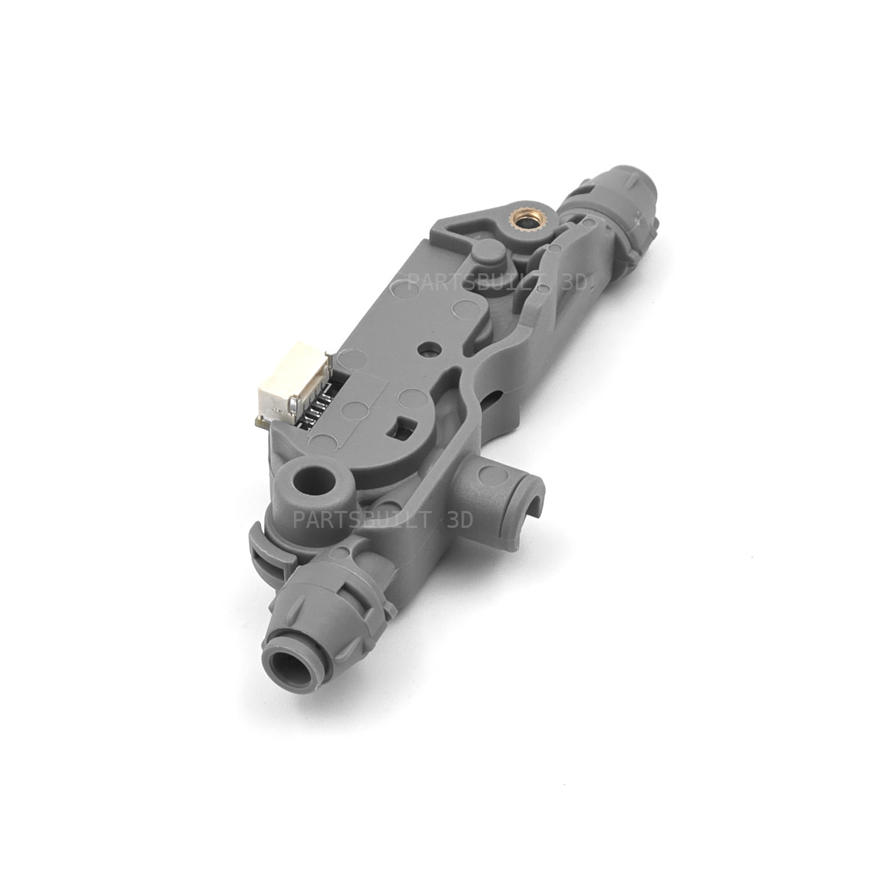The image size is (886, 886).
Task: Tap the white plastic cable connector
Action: [x=275, y=385]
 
